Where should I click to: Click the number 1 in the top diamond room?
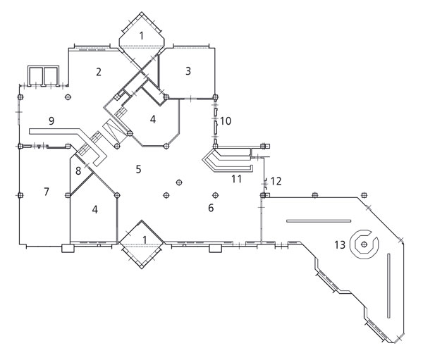click(x=142, y=35)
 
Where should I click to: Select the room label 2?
click(x=99, y=71)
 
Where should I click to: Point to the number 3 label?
click(x=188, y=70)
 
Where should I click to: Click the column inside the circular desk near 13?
click(x=364, y=244)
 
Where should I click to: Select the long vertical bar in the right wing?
click(x=388, y=289)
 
